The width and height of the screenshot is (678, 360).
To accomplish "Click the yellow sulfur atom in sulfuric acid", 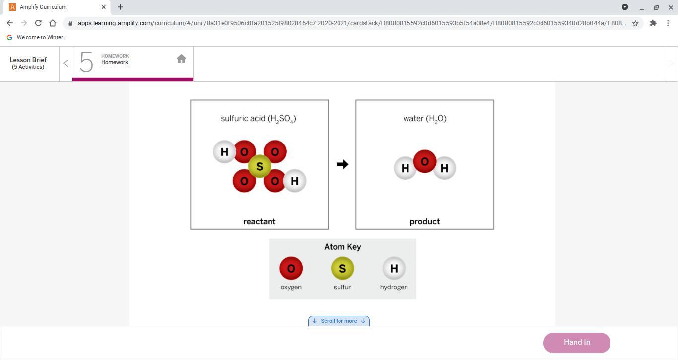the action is tap(260, 166).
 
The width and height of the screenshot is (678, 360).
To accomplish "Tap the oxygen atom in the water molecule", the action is tap(425, 161).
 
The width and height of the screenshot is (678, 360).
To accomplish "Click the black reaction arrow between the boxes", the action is tap(342, 164).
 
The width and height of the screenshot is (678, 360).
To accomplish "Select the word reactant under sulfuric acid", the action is tap(260, 221).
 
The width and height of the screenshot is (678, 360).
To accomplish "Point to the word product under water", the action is tap(425, 221).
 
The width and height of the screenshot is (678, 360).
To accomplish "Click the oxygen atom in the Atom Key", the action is tap(291, 268).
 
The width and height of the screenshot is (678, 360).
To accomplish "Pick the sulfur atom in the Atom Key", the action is tap(342, 268).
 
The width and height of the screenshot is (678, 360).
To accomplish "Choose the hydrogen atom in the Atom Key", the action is tap(394, 268).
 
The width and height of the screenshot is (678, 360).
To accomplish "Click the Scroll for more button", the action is tap(339, 321).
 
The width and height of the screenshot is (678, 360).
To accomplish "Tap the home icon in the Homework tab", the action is tap(181, 59).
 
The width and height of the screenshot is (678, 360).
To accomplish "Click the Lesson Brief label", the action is tap(28, 63).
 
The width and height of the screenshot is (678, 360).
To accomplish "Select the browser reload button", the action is tap(38, 23).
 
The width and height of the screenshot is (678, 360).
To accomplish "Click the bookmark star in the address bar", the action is tap(635, 23).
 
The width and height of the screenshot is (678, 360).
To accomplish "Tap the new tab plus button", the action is tap(120, 7).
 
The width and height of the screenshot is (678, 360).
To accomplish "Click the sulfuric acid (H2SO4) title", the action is tap(259, 119).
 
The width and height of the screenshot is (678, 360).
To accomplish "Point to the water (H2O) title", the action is tap(425, 119).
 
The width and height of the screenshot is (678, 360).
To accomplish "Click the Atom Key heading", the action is tap(342, 247).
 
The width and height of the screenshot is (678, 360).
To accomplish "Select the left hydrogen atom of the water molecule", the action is tap(405, 168).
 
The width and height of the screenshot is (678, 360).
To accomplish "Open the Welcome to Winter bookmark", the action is tap(37, 37).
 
